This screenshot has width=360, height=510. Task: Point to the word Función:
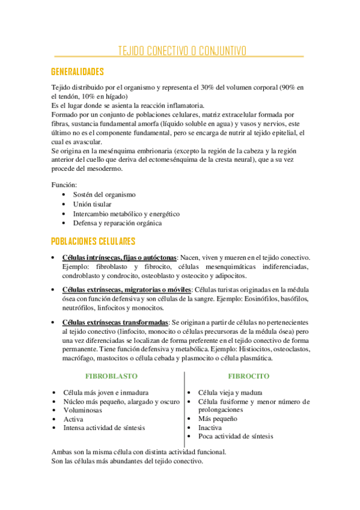pos(64,185)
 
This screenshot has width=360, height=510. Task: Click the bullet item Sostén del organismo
pos(104,195)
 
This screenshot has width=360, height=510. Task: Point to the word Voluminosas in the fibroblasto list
pos(82,410)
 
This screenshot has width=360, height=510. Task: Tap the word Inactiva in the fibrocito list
pos(210,428)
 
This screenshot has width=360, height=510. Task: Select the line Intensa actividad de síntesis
pos(104,428)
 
